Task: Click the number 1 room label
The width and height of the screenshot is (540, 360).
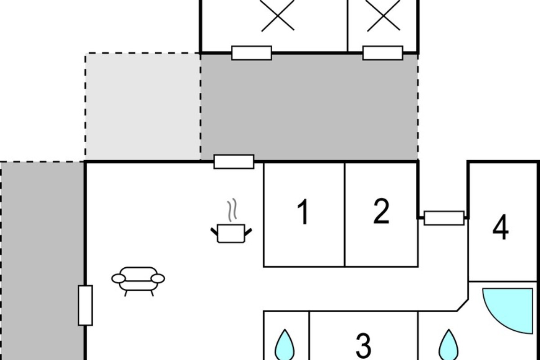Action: coord(303,212)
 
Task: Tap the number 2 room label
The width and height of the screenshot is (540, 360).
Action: coord(381,211)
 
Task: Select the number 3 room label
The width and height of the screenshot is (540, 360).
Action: coord(363,346)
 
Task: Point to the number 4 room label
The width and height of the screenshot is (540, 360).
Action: coord(500,227)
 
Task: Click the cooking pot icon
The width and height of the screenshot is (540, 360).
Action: coord(231,233)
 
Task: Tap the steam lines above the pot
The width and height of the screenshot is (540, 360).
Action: coord(232,210)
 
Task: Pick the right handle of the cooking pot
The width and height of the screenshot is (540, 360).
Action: coord(248,232)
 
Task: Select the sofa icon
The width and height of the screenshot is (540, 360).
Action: coord(138,282)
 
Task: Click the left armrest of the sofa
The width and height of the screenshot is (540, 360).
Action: coord(118,279)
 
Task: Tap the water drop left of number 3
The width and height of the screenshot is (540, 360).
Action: coord(285,345)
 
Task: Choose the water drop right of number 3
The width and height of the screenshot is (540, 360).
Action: coord(449,345)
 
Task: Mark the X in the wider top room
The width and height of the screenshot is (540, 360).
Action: coord(278,15)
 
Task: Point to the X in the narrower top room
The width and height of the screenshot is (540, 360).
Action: coord(383,15)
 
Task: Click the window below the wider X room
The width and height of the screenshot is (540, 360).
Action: coord(252,53)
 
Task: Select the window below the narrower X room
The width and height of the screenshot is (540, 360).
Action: coord(383,53)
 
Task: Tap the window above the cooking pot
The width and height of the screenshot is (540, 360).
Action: coord(234,162)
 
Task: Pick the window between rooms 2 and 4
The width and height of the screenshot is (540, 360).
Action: coord(444,218)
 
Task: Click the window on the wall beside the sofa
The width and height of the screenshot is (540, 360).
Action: coord(85,306)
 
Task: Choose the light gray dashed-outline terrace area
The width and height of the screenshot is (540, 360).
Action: coord(143,107)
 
